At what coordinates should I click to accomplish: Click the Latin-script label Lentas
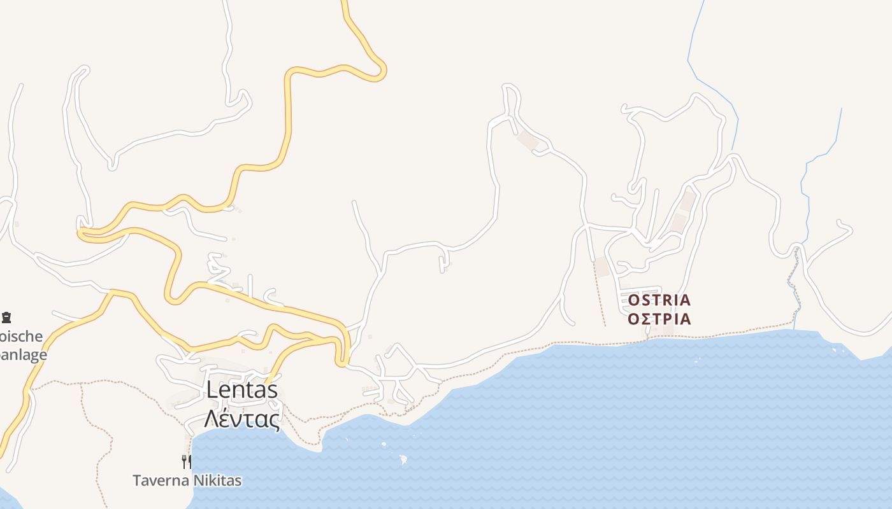click(242, 390)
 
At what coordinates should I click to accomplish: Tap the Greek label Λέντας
click(242, 419)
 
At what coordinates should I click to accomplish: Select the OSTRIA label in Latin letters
click(659, 300)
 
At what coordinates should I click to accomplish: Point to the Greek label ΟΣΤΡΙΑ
click(659, 319)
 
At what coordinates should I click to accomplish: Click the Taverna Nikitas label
click(187, 480)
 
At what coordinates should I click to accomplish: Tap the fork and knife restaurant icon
click(187, 461)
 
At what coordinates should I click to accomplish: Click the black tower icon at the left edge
click(6, 317)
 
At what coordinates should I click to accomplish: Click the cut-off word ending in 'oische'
click(22, 337)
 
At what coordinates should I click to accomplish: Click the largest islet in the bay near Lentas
click(403, 459)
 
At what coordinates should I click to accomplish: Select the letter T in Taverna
click(137, 480)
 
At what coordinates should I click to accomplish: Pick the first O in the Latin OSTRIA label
click(633, 300)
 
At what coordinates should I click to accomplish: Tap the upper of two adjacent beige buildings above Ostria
click(687, 201)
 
